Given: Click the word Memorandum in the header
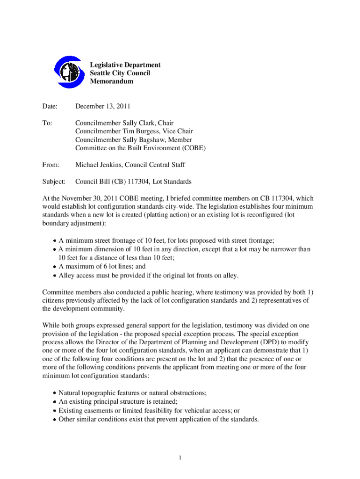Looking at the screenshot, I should coord(111,81).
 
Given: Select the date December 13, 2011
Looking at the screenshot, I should coord(102,106).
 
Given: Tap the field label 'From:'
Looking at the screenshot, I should coord(51,165).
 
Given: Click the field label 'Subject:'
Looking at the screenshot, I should coord(54,181).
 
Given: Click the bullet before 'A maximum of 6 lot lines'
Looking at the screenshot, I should coord(54,267).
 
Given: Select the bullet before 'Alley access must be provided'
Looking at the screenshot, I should coord(54,275).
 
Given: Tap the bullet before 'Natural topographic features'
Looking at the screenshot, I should coord(54,394).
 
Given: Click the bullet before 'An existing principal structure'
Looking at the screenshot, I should coord(54,402).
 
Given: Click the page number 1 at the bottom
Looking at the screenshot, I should coord(180,457).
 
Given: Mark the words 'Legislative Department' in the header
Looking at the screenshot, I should coord(125,65).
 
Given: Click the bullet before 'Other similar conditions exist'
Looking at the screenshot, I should coord(54,419).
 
